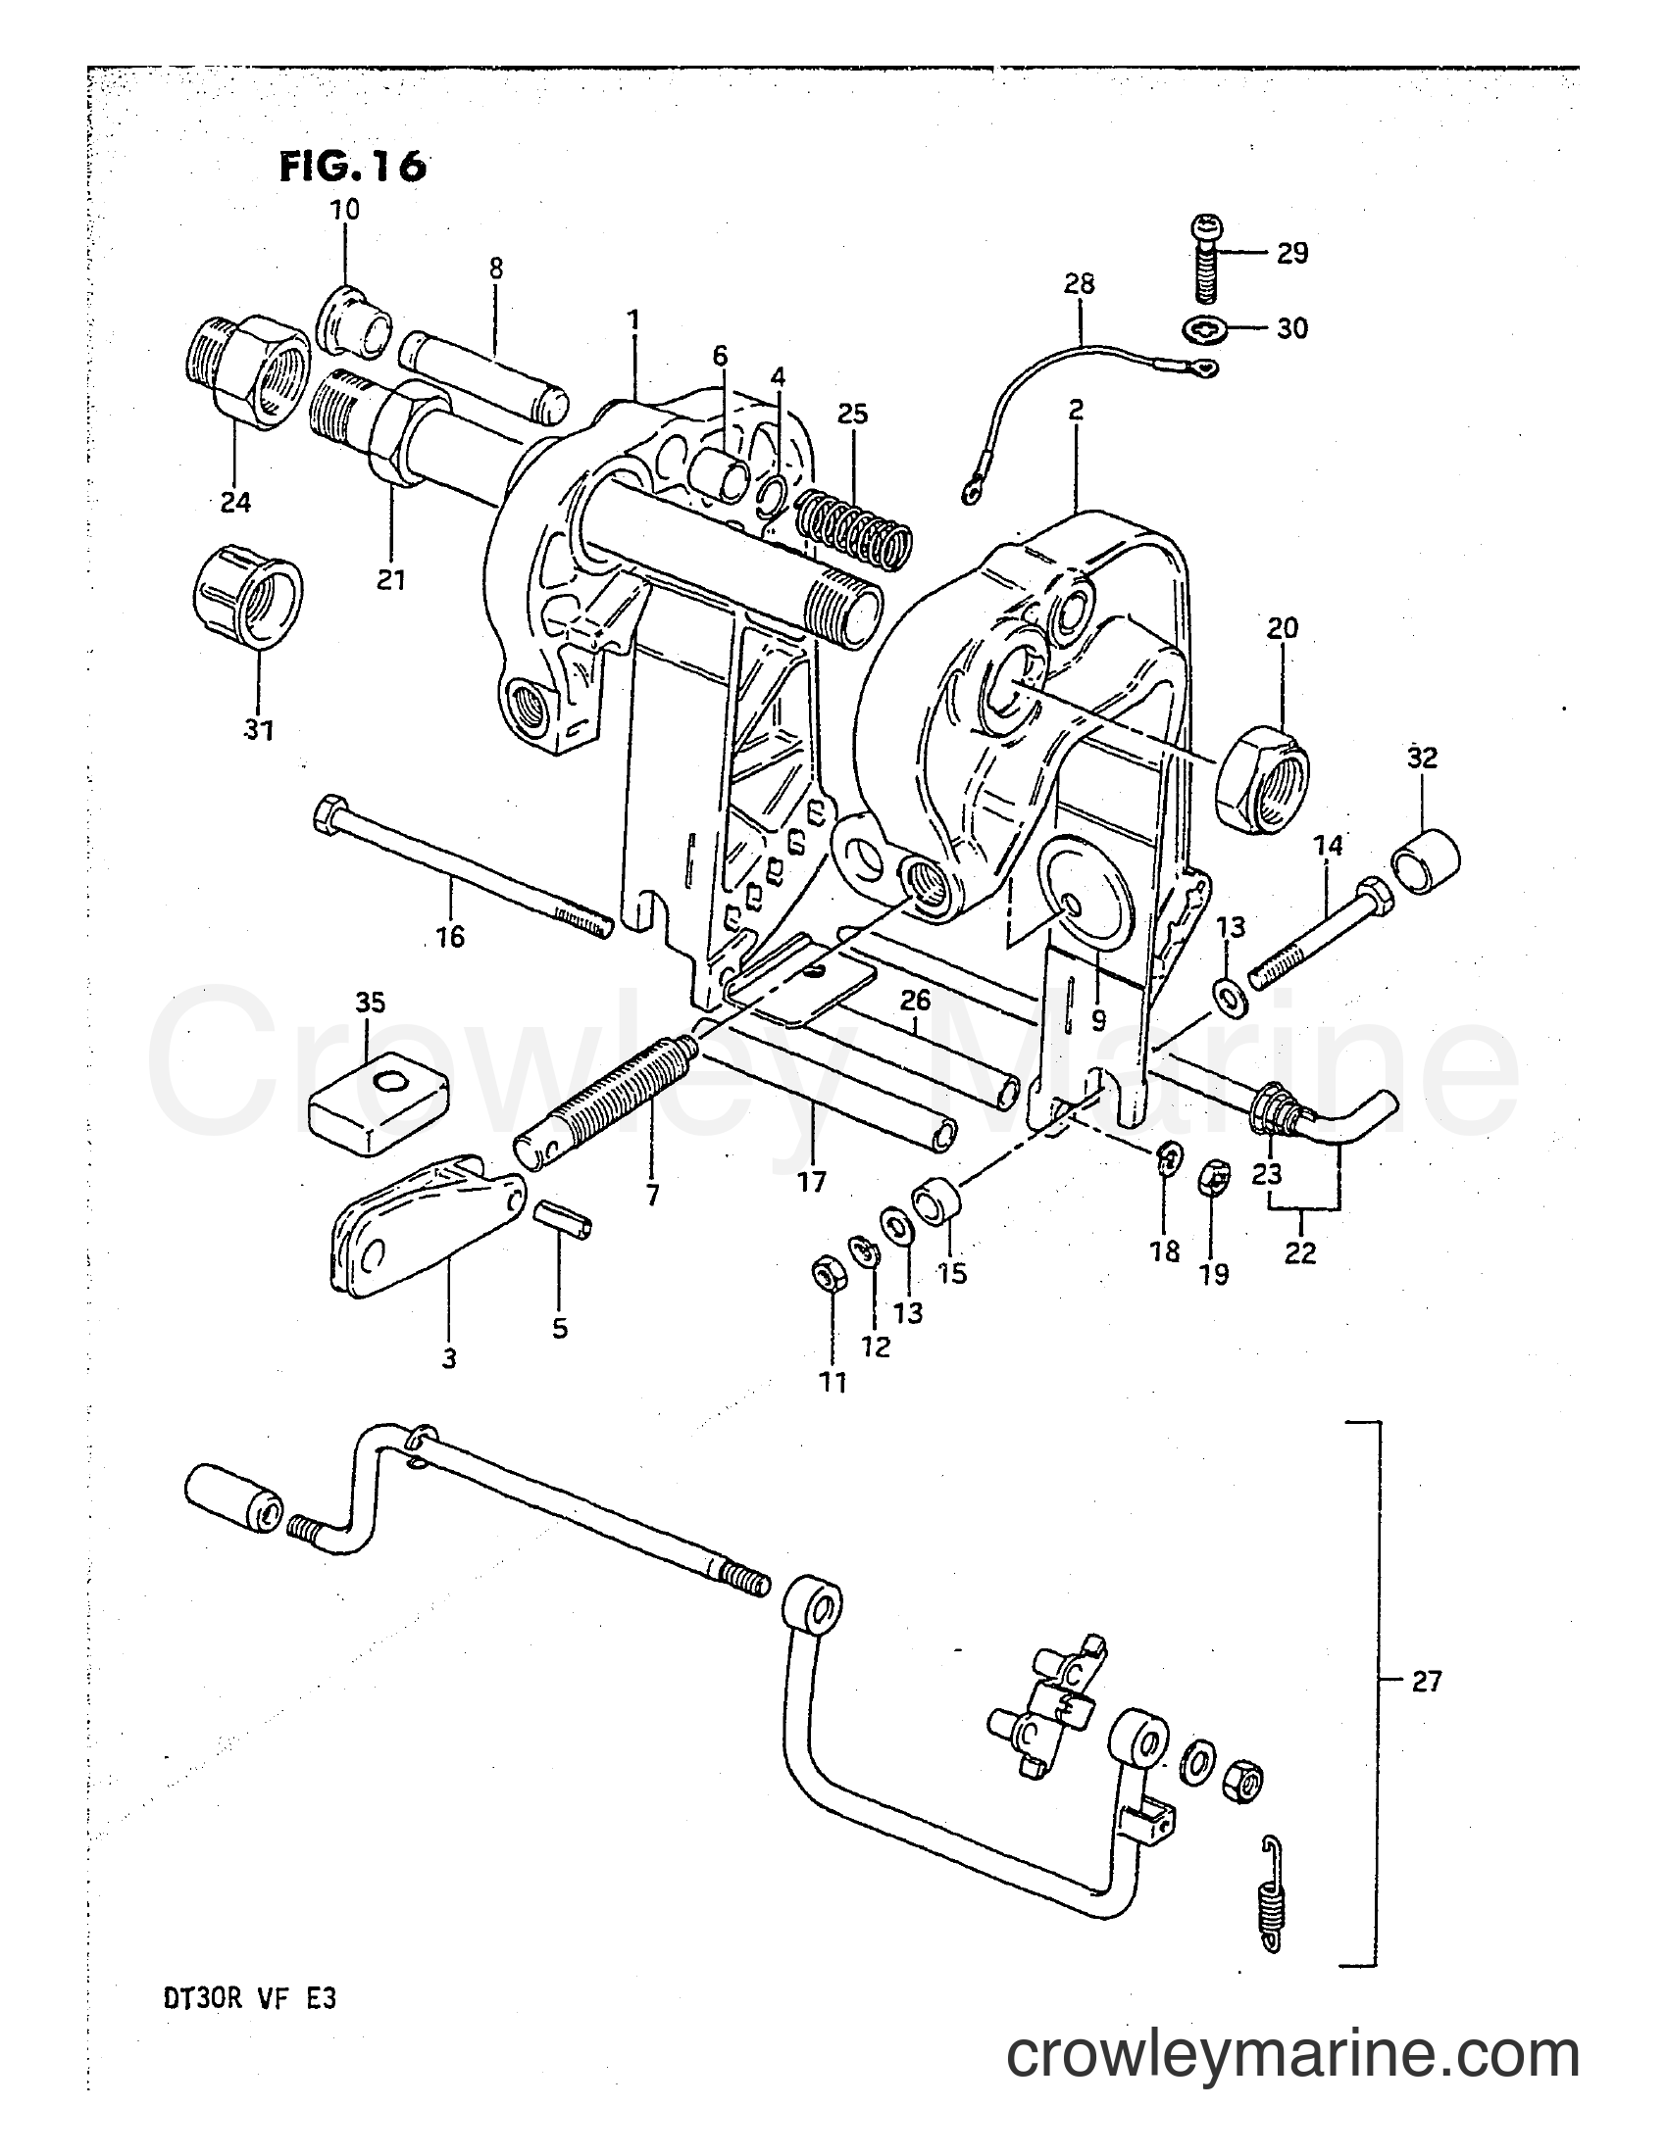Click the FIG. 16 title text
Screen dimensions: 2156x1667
coord(353,165)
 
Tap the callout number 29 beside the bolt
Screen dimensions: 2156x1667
coord(1291,253)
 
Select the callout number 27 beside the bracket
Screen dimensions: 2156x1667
coord(1426,1681)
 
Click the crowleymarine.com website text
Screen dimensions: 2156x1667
coord(1292,2076)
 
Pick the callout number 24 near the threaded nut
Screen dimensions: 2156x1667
coord(235,503)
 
